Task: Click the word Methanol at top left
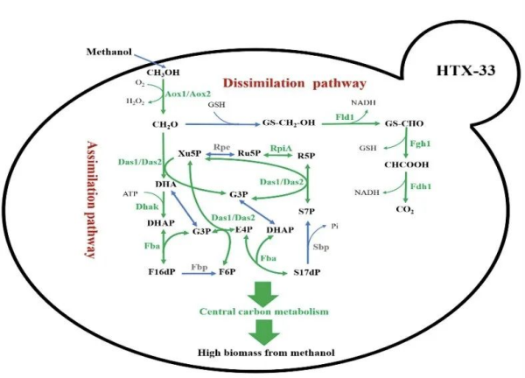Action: pos(109,53)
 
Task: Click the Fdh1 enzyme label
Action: pos(423,186)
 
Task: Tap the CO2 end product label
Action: pos(404,210)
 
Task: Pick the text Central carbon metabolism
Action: pos(262,311)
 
